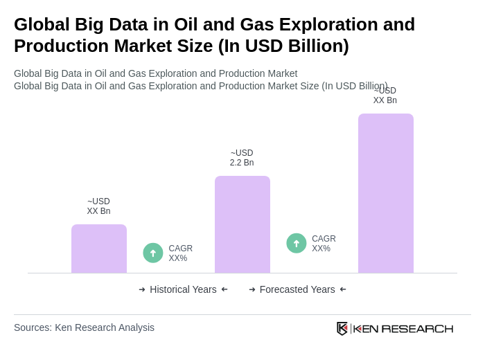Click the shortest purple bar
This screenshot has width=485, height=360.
(x=99, y=249)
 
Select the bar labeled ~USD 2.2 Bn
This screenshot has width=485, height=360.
(x=242, y=224)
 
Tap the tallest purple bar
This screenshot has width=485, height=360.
(x=386, y=193)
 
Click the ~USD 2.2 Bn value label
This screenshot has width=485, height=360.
(x=242, y=158)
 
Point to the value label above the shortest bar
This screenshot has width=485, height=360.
(x=98, y=206)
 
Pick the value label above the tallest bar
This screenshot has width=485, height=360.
(x=385, y=96)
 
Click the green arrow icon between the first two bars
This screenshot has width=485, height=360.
(x=153, y=253)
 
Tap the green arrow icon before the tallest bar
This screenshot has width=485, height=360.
(x=297, y=244)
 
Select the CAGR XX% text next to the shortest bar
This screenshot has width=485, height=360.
(x=180, y=253)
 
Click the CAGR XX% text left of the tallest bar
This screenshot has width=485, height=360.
(x=324, y=244)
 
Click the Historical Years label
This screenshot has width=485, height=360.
(x=183, y=289)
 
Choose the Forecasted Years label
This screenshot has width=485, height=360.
(x=297, y=289)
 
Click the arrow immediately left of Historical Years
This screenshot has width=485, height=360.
(x=142, y=289)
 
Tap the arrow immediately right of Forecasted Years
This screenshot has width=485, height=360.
(x=343, y=289)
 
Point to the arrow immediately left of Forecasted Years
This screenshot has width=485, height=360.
(x=252, y=289)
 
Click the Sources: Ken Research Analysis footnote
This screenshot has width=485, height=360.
(x=84, y=327)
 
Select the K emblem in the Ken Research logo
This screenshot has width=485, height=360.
(x=342, y=328)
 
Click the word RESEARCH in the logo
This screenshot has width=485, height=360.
(x=417, y=329)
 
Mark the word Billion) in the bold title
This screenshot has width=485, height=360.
(x=317, y=46)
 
